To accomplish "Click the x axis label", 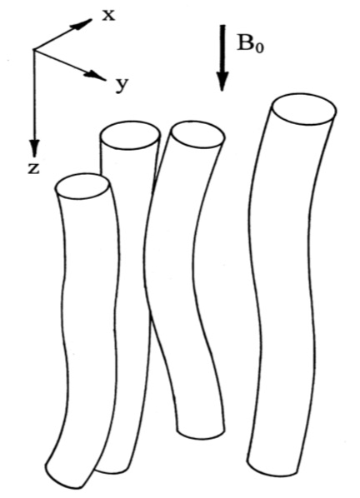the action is point(108,15).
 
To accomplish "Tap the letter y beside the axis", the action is point(122,85).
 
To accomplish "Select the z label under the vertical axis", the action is point(33,168).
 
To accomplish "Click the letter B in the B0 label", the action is point(246,42).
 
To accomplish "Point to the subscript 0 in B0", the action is point(259,48).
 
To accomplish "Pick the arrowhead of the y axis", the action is point(94,75).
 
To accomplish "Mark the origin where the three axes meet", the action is point(34,49).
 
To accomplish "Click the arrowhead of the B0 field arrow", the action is point(222,81).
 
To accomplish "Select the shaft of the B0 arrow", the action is point(222,48).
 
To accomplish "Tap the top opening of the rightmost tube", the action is point(304,109).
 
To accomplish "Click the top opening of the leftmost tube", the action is point(82,187).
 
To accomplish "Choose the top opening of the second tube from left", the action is point(130,135).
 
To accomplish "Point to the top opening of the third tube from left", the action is point(197,135).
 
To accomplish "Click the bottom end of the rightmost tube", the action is point(273,471).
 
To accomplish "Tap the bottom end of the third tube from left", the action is point(201,434).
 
